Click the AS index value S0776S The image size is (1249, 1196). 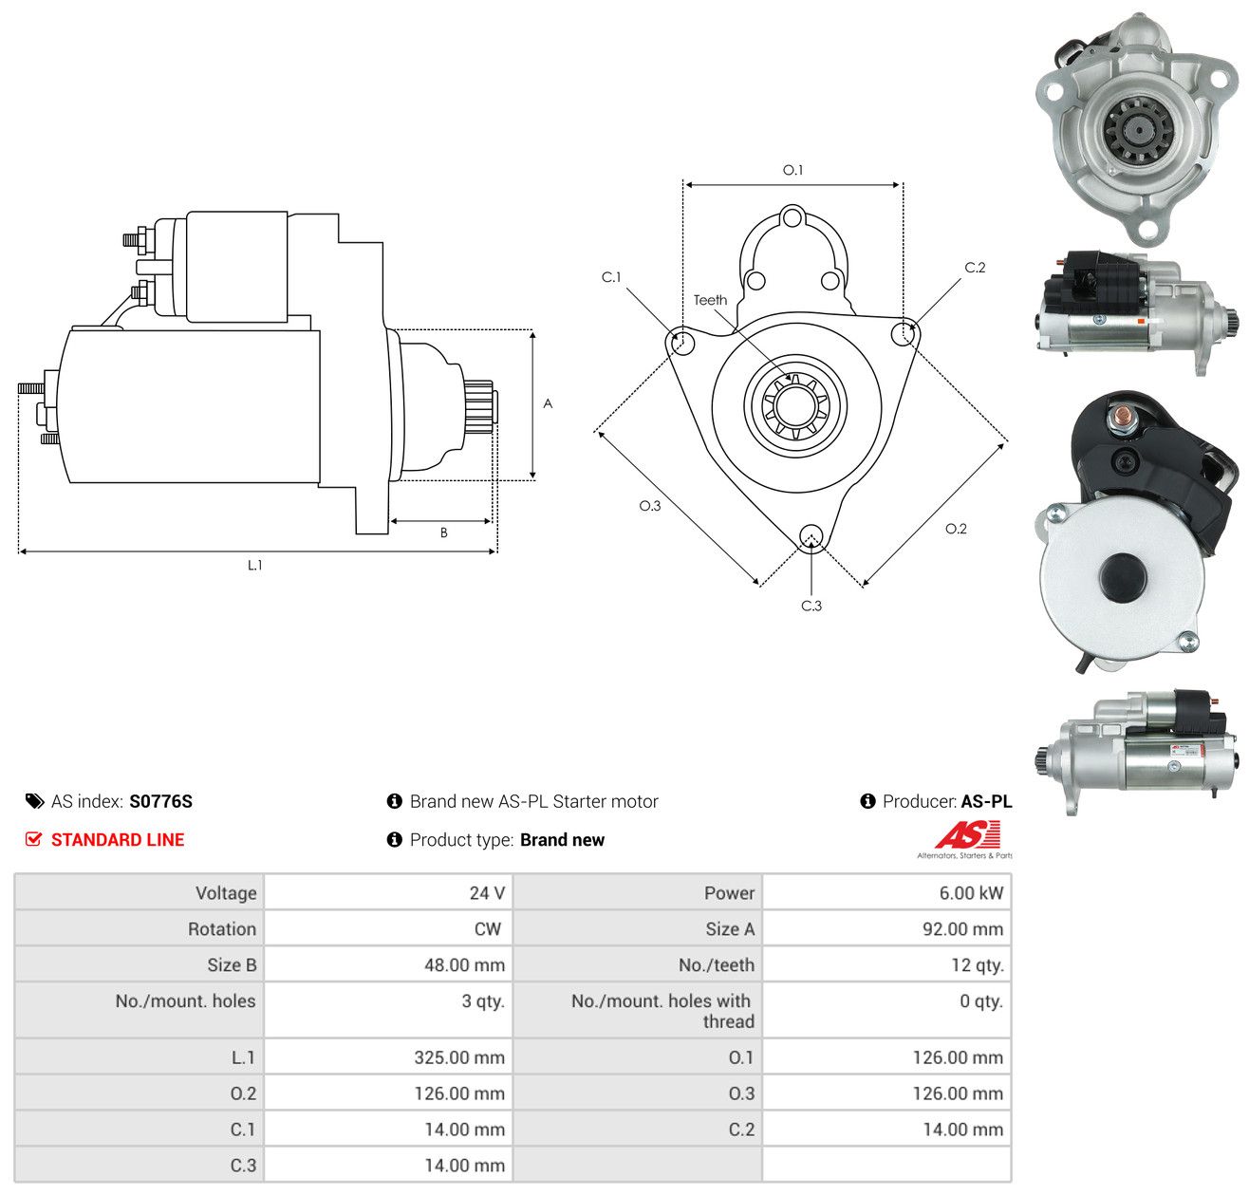point(160,801)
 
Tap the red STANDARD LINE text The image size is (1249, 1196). point(118,840)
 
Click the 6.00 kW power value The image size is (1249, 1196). point(971,893)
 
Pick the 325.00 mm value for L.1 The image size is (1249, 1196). point(459,1057)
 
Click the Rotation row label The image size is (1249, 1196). point(222,929)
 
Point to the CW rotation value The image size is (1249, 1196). point(488,929)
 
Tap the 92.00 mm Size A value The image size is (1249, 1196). point(962,929)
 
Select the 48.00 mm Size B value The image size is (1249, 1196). point(464,965)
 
